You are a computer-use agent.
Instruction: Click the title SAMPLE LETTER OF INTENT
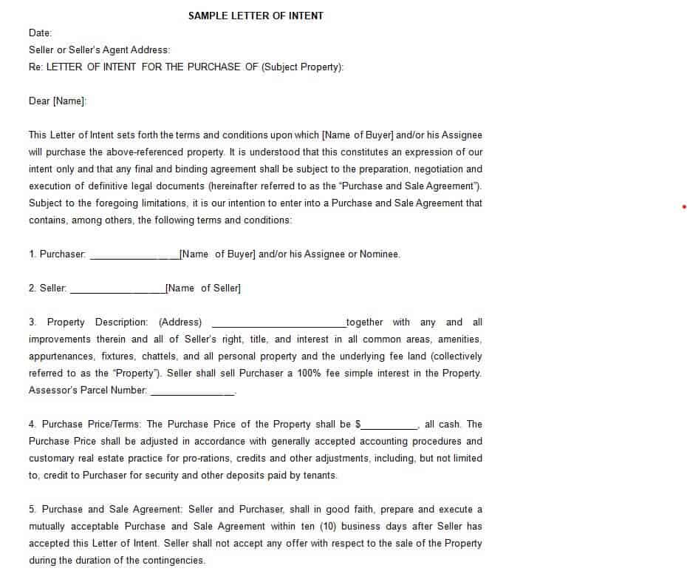(x=256, y=16)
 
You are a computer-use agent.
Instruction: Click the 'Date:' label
(x=40, y=33)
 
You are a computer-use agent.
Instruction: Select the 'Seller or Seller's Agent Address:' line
(x=99, y=50)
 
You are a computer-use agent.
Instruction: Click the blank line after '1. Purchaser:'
(x=134, y=257)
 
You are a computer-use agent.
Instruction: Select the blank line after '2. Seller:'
(x=117, y=291)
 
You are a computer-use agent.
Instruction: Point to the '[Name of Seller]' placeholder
(x=203, y=288)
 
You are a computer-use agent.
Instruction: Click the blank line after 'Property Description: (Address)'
(x=278, y=325)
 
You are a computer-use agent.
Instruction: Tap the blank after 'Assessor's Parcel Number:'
(x=192, y=393)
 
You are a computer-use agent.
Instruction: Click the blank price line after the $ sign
(x=390, y=427)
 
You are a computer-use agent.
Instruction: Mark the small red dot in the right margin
(x=684, y=206)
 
